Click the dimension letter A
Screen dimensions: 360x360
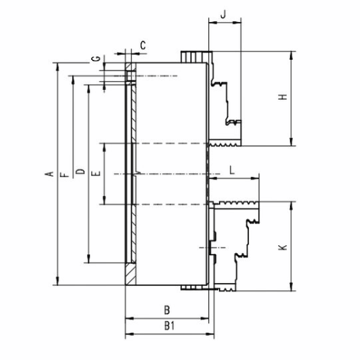point(49,174)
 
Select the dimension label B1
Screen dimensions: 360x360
point(170,326)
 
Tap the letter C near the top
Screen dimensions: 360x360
point(143,45)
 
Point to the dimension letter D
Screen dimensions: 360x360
point(81,171)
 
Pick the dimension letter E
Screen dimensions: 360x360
point(96,173)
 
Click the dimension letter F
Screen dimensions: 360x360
point(65,175)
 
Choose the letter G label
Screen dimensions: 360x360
point(96,58)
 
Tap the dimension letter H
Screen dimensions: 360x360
point(283,97)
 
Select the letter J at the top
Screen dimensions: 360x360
point(223,15)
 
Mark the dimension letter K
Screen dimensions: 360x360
point(283,247)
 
